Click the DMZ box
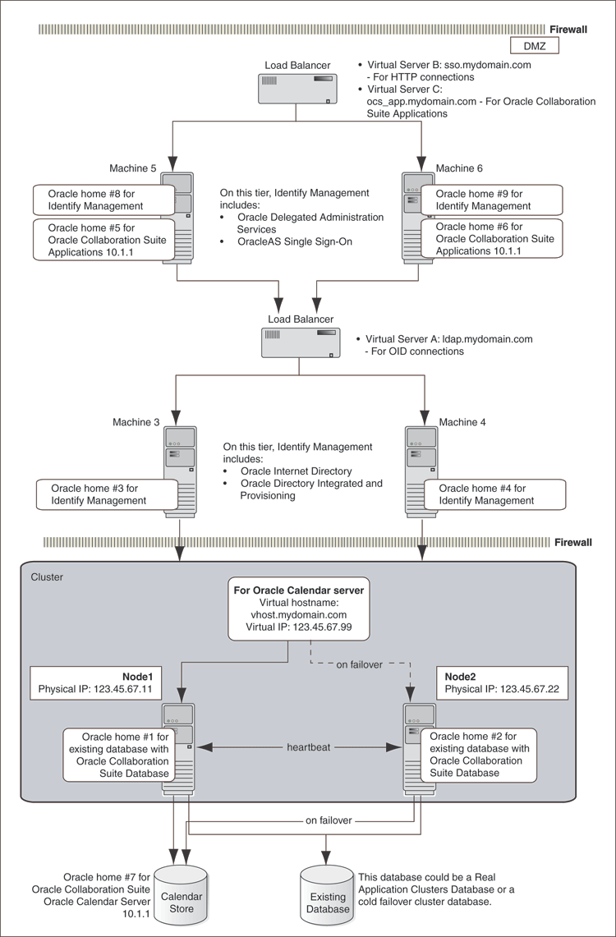[535, 46]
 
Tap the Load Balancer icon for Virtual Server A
[301, 342]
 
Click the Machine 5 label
[133, 168]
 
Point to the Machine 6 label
[459, 168]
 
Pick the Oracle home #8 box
[103, 200]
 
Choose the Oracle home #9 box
[491, 200]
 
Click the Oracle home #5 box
[103, 240]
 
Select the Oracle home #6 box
[491, 239]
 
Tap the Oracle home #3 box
[107, 494]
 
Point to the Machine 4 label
[462, 422]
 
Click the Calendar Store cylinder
[182, 892]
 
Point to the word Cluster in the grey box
[46, 577]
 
